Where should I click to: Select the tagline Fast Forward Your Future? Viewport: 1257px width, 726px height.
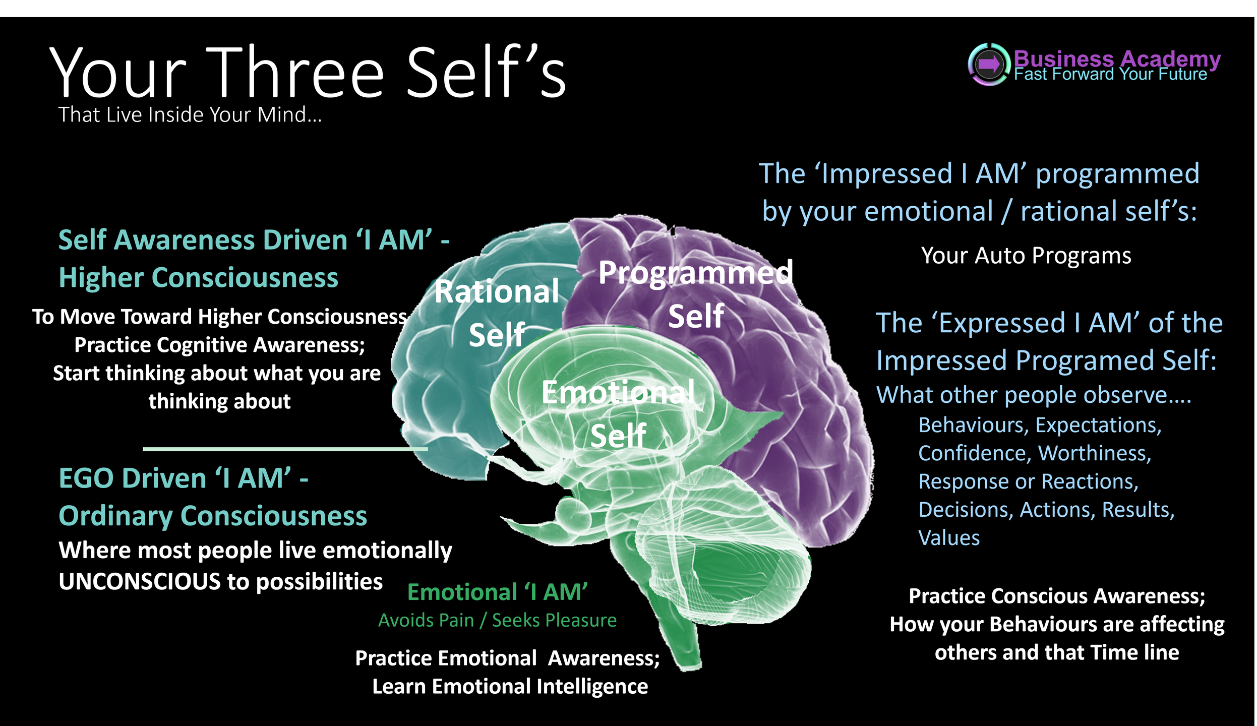(x=1110, y=75)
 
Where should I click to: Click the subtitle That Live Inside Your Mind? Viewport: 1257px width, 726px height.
(x=190, y=115)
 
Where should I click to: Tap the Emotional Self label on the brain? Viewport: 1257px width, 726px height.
(x=618, y=413)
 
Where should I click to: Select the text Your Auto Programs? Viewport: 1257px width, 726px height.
(x=1026, y=256)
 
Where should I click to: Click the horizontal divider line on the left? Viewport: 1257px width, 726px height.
(x=285, y=449)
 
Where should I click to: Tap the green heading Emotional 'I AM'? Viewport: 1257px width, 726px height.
(x=497, y=592)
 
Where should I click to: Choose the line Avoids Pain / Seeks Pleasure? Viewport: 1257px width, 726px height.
(x=497, y=620)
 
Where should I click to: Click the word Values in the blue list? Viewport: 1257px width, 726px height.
(x=949, y=538)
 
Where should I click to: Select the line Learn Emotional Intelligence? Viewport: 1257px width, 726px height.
(x=510, y=687)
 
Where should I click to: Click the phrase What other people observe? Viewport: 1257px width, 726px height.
(x=1034, y=395)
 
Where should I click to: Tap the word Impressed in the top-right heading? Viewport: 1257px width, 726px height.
(x=887, y=173)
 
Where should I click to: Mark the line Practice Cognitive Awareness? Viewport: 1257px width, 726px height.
(x=220, y=345)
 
